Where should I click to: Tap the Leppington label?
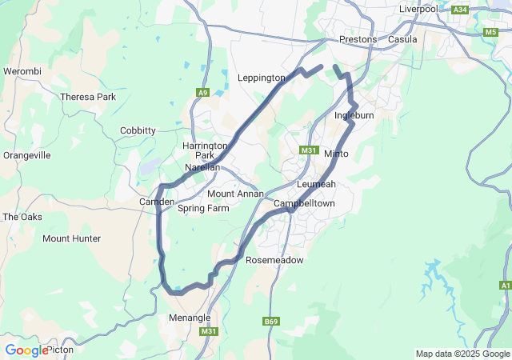point(261,78)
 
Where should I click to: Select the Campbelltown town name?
point(304,204)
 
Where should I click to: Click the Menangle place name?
point(190,318)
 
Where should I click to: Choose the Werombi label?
point(22,71)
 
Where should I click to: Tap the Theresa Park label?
point(88,97)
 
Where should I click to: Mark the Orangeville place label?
point(27,155)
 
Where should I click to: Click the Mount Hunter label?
point(71,238)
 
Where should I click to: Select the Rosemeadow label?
point(274,261)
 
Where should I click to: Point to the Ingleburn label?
point(354,116)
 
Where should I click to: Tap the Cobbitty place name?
point(138,130)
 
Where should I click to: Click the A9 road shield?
point(202,93)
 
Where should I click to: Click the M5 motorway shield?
point(490,32)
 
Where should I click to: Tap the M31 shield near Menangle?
point(209,331)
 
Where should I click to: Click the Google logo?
point(26,350)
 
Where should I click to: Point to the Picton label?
point(60,350)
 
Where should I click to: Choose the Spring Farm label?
point(203,209)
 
